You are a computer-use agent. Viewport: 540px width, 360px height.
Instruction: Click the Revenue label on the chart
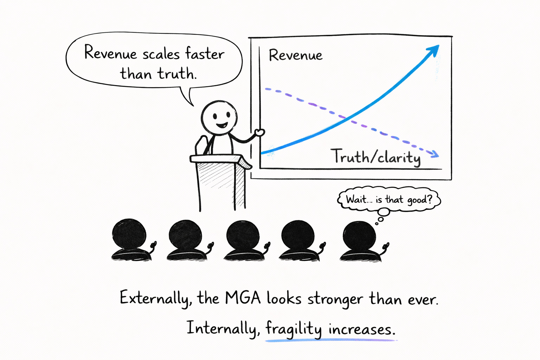[295, 55]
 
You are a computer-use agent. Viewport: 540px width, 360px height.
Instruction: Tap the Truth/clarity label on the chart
[375, 157]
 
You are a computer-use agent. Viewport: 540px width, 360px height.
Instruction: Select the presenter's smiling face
[218, 118]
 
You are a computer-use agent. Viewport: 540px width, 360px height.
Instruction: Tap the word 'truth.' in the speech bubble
[177, 74]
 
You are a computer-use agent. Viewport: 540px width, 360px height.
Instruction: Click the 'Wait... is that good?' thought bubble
[389, 200]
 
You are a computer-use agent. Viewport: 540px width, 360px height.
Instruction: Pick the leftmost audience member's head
[129, 233]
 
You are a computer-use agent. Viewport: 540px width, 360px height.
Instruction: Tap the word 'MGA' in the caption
[243, 298]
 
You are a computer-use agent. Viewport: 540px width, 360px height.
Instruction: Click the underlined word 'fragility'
[293, 329]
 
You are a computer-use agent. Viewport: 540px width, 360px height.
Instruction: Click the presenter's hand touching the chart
[259, 133]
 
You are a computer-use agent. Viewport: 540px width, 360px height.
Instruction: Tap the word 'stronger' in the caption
[335, 300]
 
